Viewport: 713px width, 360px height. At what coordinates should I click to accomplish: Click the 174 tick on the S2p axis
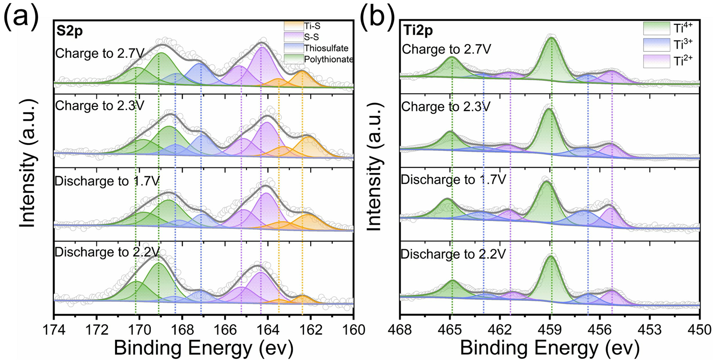point(54,329)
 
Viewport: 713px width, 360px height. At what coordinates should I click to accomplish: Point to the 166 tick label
point(225,329)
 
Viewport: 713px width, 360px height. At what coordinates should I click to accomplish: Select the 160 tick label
point(353,329)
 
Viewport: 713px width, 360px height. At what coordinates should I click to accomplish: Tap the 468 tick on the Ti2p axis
point(401,329)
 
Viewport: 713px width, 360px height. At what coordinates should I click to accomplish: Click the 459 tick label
point(550,329)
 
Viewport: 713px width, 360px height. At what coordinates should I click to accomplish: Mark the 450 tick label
point(699,329)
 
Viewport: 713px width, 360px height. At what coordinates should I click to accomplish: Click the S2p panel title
point(67,32)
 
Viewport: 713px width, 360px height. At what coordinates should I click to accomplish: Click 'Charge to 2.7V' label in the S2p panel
point(100,53)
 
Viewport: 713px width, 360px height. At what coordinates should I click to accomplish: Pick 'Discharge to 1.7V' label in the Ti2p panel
point(453,179)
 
